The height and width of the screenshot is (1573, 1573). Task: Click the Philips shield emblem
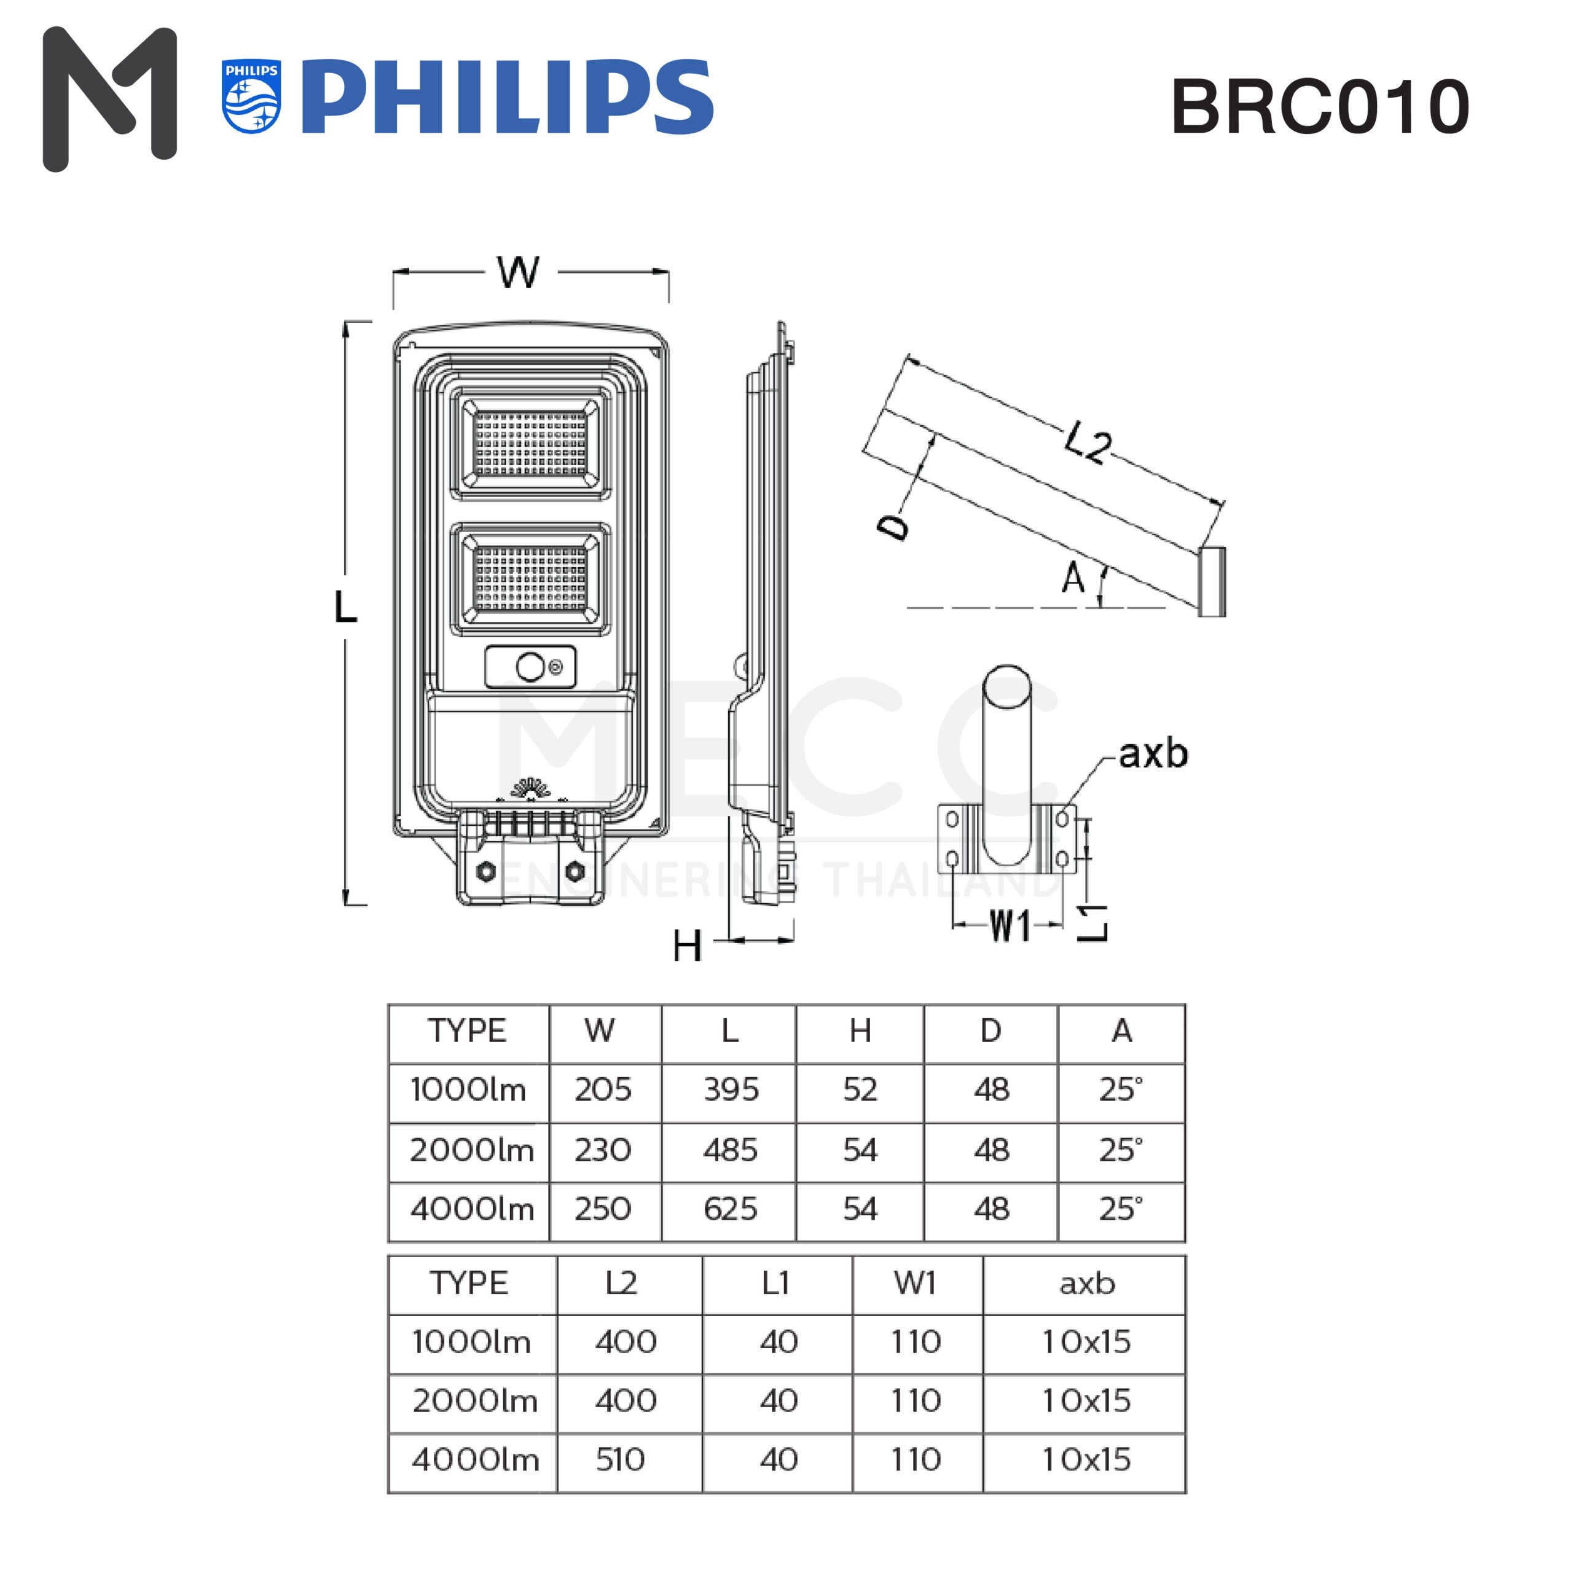tap(251, 96)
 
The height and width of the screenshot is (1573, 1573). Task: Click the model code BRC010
tap(1320, 107)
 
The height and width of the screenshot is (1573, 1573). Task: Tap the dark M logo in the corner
tap(110, 98)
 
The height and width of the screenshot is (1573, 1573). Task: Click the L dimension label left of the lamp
tap(345, 606)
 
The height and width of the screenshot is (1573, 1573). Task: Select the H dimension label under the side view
tap(687, 946)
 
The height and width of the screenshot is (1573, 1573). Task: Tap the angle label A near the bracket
tap(1073, 578)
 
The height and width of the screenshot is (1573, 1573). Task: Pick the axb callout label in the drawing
tap(1153, 754)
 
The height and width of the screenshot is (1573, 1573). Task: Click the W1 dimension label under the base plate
tap(1010, 926)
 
